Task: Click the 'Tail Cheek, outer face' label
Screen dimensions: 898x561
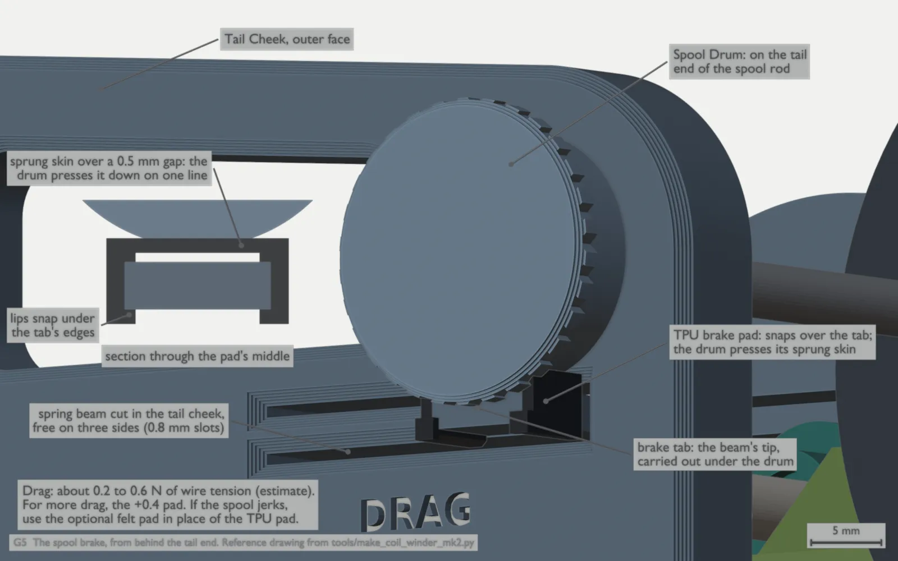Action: click(287, 39)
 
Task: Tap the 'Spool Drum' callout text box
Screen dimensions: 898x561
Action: click(739, 62)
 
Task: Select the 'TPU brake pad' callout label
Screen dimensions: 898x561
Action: click(772, 342)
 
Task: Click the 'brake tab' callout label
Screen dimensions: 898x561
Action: click(715, 454)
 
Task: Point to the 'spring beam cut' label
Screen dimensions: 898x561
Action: click(129, 421)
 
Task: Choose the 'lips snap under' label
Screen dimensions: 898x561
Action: click(53, 325)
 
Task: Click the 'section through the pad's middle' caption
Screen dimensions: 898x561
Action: click(197, 356)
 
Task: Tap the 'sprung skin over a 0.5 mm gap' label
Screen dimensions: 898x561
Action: click(109, 168)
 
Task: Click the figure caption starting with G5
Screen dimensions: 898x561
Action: click(244, 542)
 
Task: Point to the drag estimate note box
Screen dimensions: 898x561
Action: click(168, 505)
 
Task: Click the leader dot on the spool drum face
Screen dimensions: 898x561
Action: click(511, 164)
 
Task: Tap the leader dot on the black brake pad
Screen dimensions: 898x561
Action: click(546, 401)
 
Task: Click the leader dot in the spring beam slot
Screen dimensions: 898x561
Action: click(348, 452)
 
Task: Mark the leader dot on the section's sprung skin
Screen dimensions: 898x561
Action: click(241, 245)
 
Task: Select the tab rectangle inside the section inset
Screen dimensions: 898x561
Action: click(197, 286)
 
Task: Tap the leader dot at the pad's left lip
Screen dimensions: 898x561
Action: click(129, 315)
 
